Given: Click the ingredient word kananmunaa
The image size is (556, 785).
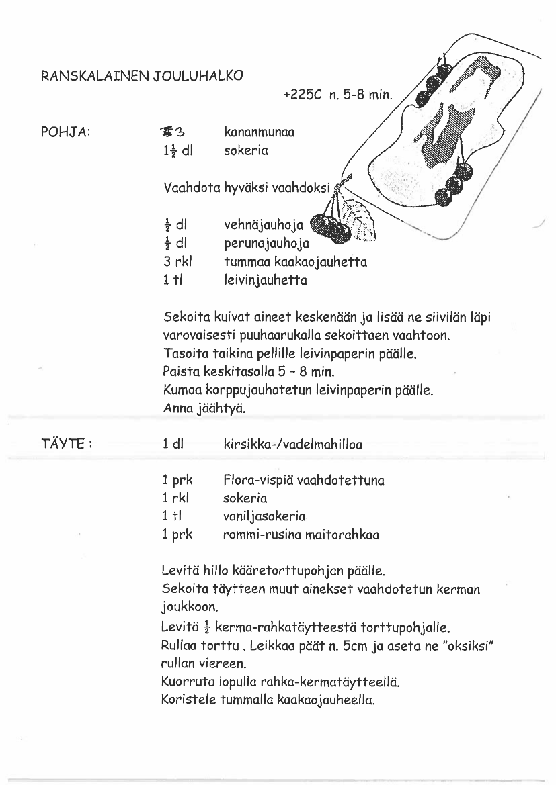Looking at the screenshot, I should point(259,132).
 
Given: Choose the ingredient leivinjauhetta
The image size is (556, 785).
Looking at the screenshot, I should point(265,281).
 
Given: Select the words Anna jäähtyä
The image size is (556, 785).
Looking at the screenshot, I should point(204,408).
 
